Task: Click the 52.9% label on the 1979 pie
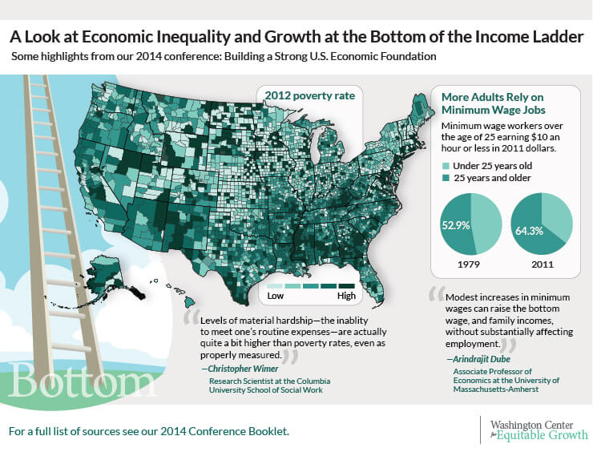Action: click(x=456, y=225)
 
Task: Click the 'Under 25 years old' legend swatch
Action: click(x=446, y=165)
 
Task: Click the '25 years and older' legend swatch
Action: click(x=446, y=179)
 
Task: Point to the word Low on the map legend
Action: click(x=275, y=297)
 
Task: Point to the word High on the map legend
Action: click(x=346, y=297)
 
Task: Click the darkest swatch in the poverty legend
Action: click(x=346, y=285)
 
